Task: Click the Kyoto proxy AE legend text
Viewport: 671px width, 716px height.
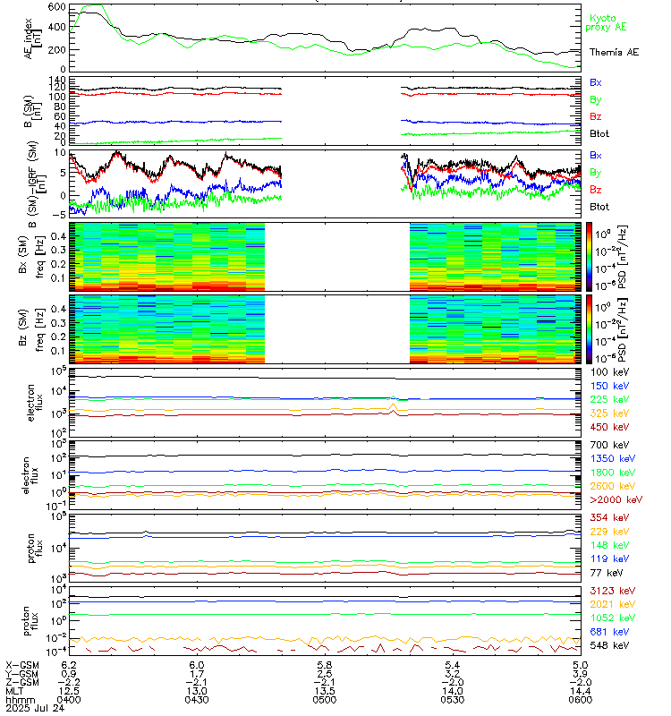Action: click(609, 22)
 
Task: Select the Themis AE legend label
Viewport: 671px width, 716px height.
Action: click(613, 53)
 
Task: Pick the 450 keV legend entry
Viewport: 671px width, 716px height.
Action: click(605, 428)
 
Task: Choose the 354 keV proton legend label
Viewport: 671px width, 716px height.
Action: click(605, 517)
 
